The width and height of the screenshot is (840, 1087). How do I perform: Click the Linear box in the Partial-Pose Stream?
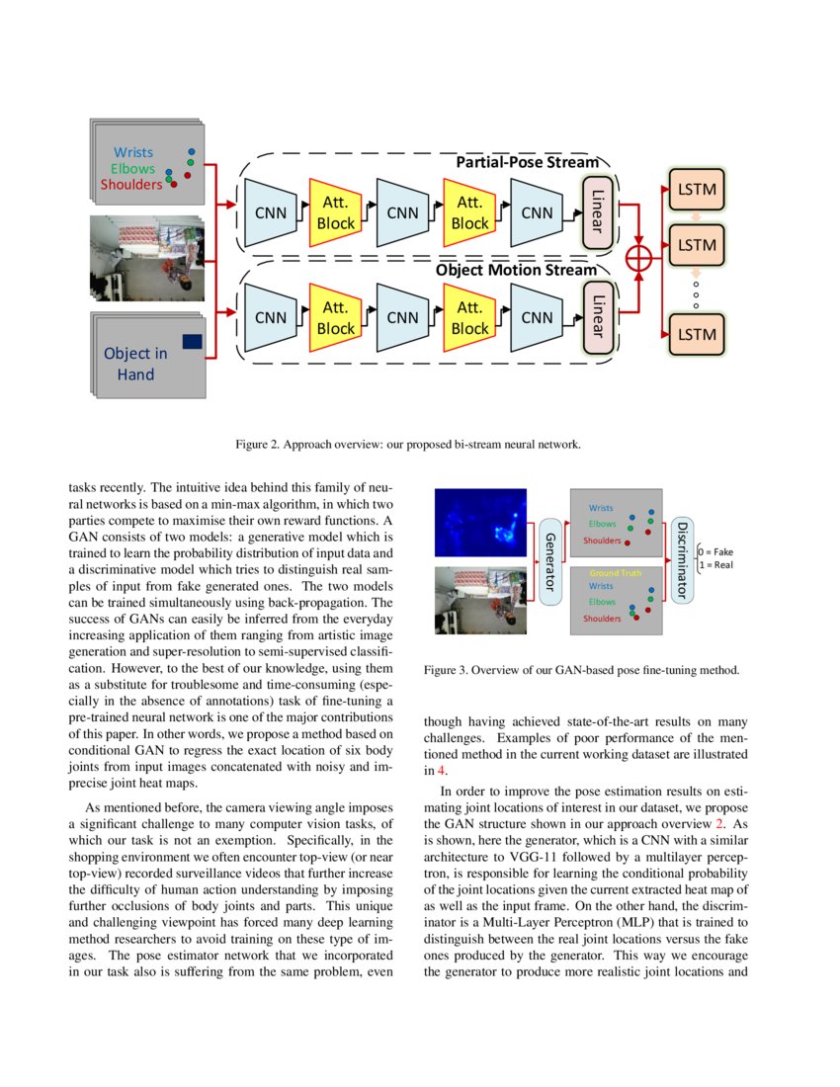(596, 212)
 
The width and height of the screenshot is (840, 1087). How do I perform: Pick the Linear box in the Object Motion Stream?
(596, 317)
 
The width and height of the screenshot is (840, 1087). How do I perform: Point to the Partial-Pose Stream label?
(527, 162)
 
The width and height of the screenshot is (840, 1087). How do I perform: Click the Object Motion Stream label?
(516, 269)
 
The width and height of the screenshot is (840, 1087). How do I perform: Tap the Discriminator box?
(683, 559)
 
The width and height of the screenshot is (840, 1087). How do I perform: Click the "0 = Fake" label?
(716, 551)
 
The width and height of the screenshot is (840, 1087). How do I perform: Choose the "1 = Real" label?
(715, 565)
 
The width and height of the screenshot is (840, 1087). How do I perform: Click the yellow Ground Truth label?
(616, 572)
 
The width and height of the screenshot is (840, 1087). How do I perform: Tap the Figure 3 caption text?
(581, 670)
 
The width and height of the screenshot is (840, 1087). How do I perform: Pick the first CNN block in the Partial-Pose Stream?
(271, 212)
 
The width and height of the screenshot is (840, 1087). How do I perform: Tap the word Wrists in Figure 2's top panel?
(133, 152)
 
